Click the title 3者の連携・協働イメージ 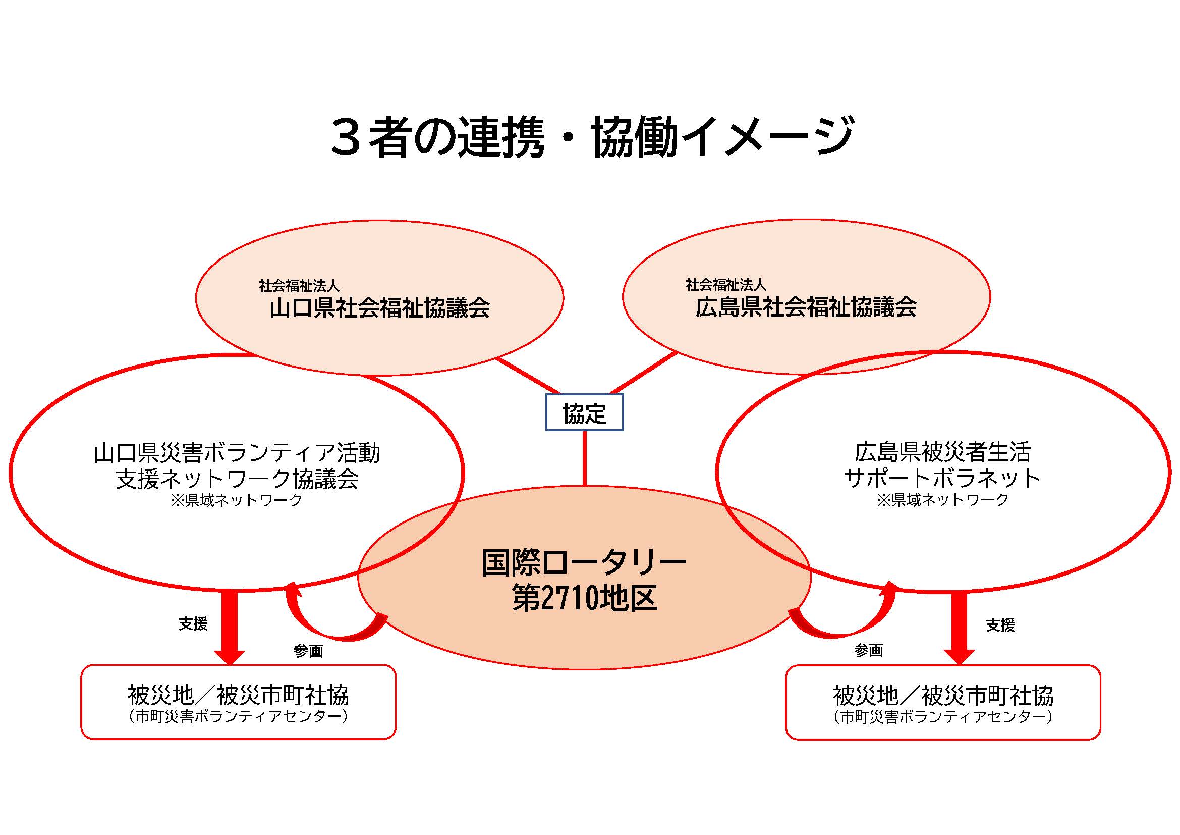(x=592, y=136)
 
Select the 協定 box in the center (x=584, y=412)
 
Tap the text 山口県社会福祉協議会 (x=380, y=308)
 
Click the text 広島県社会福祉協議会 (x=806, y=307)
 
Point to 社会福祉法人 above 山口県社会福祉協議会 (x=299, y=285)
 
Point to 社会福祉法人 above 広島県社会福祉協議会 (x=725, y=284)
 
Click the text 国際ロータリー (x=584, y=562)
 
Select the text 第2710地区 (x=584, y=597)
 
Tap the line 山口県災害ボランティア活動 (x=237, y=453)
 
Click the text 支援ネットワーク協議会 (x=237, y=479)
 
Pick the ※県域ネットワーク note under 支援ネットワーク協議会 (x=237, y=500)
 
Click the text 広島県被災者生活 (x=943, y=452)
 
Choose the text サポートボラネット (x=943, y=478)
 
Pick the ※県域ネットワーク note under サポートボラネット (x=943, y=500)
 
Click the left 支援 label (x=193, y=623)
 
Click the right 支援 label (x=1000, y=625)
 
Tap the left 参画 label (x=308, y=651)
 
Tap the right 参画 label (x=869, y=650)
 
